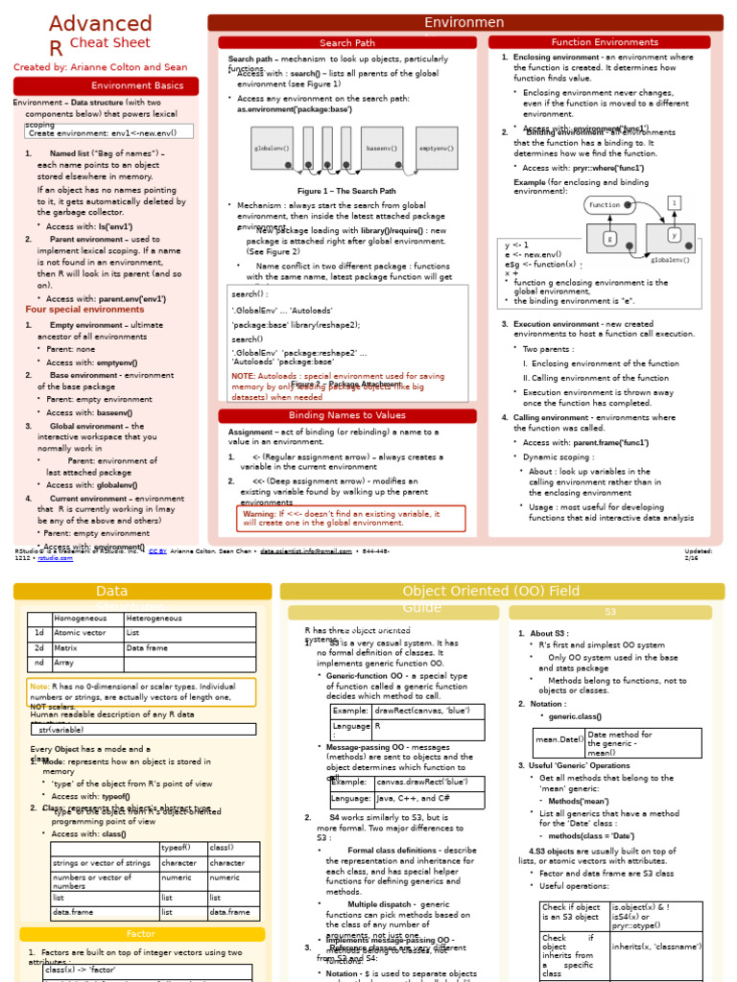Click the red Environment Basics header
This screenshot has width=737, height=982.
click(106, 86)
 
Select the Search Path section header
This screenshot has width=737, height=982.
click(347, 43)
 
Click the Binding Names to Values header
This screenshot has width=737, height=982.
click(347, 415)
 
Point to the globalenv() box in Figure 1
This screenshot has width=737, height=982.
click(273, 149)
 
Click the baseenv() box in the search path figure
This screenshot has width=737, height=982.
click(381, 149)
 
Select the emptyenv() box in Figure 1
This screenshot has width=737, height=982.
click(436, 149)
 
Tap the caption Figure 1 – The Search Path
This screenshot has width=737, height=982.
click(346, 191)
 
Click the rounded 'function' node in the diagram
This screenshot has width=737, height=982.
click(606, 205)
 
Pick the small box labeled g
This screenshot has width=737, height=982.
click(609, 239)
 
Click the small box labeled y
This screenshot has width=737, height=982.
click(674, 234)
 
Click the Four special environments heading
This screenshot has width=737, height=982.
click(84, 310)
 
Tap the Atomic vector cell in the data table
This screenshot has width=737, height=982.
click(87, 633)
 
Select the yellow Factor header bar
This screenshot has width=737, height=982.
click(141, 934)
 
